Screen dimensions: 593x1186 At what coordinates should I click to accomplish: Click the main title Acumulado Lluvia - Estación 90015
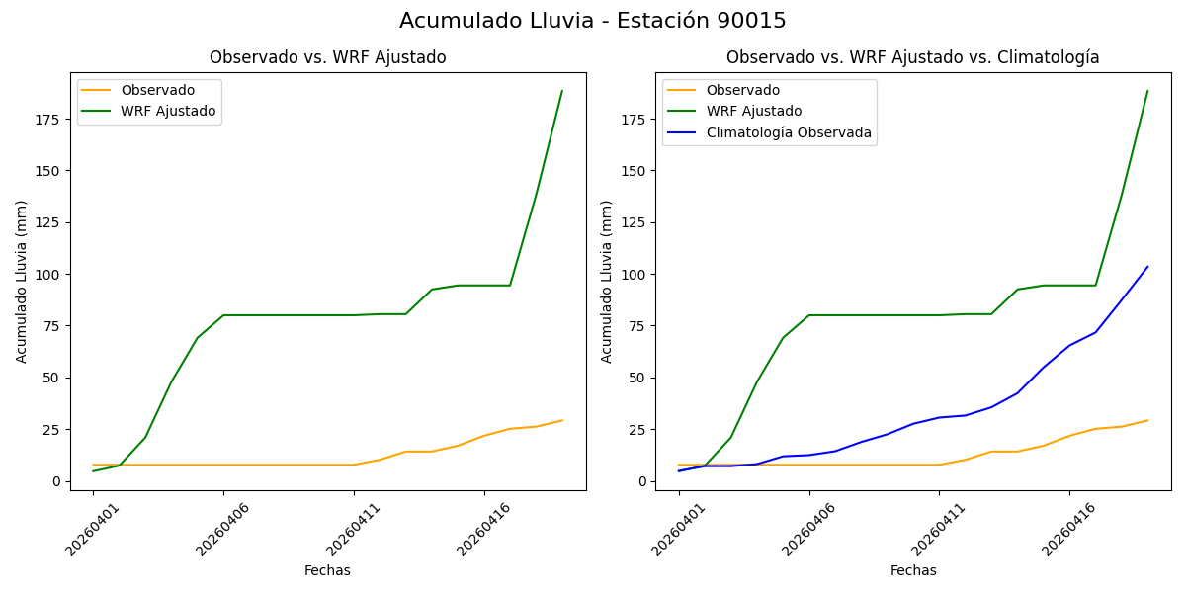pos(593,21)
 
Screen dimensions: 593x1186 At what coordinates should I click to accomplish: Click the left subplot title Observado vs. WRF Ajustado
pos(327,57)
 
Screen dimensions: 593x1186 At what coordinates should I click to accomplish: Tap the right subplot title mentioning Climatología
pos(912,57)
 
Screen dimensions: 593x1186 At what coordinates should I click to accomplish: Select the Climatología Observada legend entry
pos(789,132)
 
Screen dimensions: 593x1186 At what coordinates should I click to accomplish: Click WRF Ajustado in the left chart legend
pos(168,111)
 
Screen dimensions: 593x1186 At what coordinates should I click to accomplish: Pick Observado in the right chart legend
pos(742,90)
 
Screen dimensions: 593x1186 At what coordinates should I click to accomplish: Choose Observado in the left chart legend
pos(157,90)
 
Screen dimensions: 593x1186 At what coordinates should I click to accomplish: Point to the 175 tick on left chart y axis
pos(48,119)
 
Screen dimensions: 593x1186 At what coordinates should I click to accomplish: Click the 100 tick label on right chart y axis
pos(634,274)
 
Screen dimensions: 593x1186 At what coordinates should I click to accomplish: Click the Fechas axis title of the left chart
pos(327,570)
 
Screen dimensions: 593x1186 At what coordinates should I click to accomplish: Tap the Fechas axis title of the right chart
pos(913,570)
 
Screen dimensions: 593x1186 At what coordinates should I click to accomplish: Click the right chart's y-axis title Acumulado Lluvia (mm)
pos(607,281)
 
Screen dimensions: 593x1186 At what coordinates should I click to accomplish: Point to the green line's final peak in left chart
pos(562,91)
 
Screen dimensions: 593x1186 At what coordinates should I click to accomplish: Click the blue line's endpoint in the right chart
pos(1147,266)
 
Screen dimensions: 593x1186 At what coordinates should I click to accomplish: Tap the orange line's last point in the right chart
pos(1147,420)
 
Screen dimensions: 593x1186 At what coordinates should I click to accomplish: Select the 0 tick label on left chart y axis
pos(57,481)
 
